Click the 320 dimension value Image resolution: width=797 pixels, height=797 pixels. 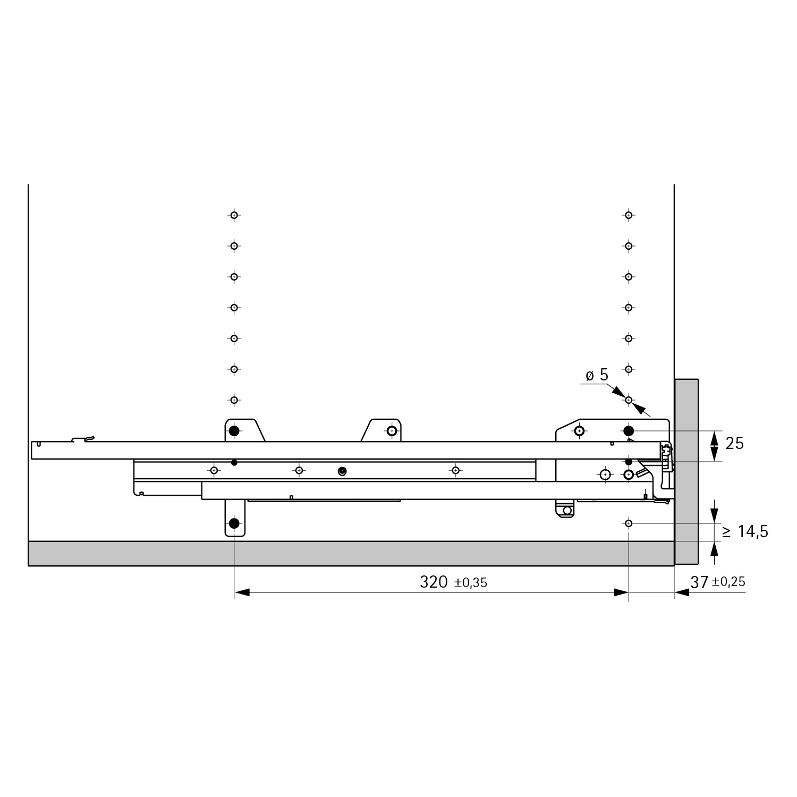pos(434,582)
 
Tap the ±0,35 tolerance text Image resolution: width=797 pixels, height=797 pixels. pos(471,583)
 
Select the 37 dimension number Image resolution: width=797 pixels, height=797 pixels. pos(699,582)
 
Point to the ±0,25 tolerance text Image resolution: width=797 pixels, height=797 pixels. pos(728,582)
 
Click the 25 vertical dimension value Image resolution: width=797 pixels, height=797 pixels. pos(734,443)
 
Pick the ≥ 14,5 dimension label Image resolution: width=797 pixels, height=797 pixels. pos(745,531)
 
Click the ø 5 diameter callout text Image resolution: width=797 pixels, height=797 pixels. pos(597,375)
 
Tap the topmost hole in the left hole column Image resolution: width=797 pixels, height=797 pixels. pos(234,215)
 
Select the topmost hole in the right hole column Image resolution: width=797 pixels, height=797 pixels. pos(629,215)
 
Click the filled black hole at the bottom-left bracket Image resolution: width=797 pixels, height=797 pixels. pos(234,523)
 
